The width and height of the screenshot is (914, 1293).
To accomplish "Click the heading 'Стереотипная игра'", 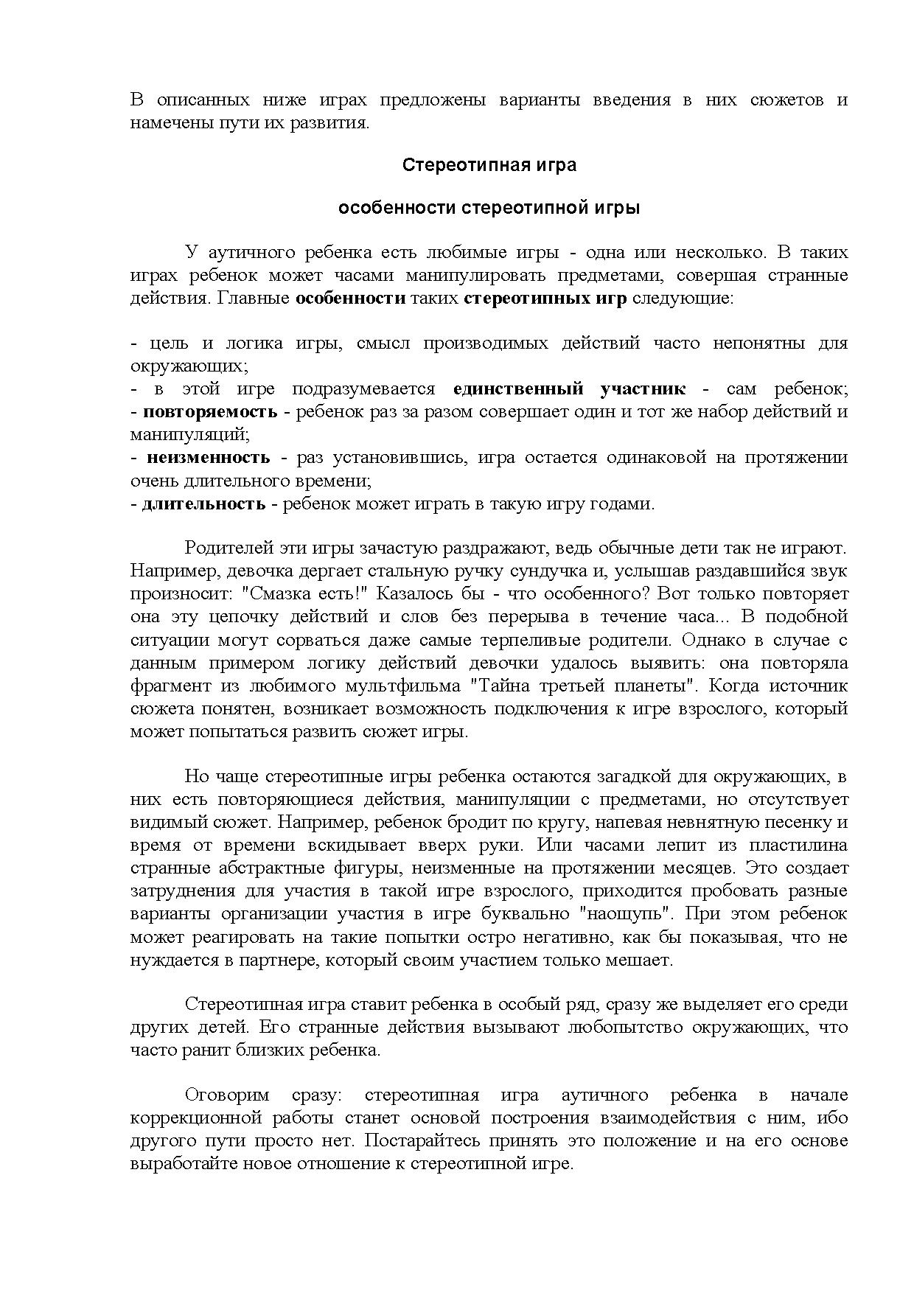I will [x=489, y=165].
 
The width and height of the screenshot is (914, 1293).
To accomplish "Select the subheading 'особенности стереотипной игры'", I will [x=489, y=208].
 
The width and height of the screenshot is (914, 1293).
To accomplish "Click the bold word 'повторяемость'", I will [x=210, y=411].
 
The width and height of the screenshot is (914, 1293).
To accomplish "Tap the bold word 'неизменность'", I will [x=209, y=457].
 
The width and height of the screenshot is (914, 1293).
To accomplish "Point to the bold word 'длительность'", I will [x=203, y=504].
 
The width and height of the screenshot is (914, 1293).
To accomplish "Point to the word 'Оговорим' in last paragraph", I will [x=227, y=1095].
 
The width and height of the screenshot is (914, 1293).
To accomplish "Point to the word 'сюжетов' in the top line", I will [x=786, y=100].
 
